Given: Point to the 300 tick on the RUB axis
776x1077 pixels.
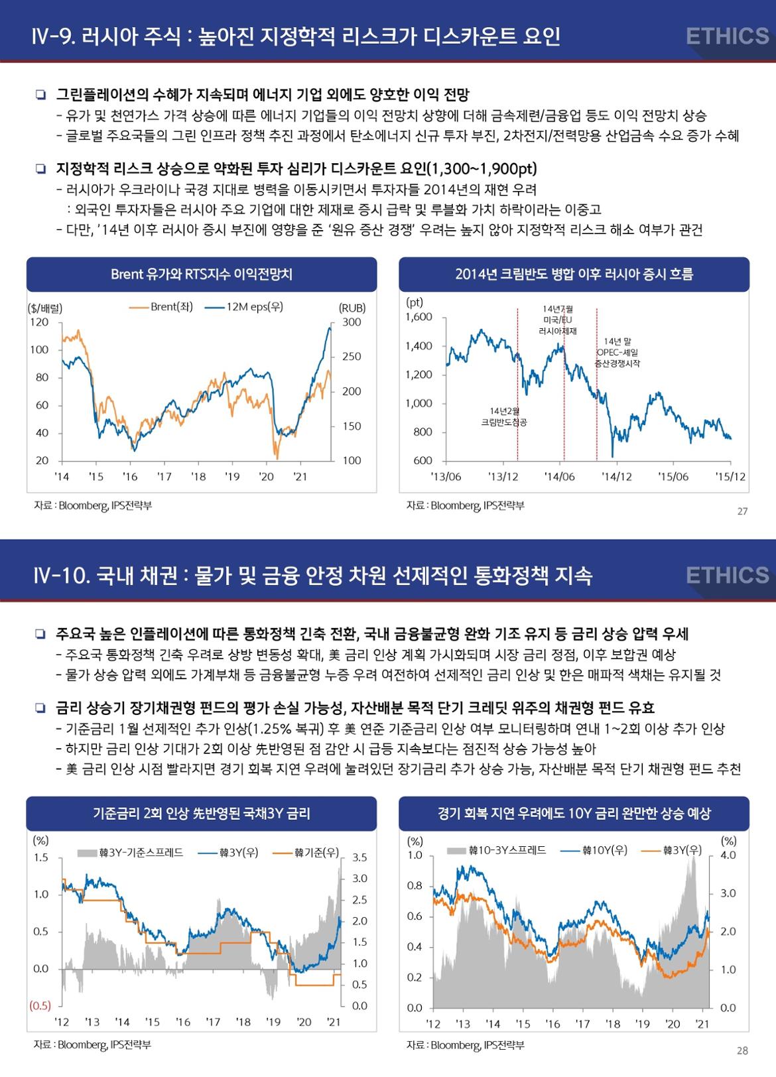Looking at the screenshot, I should [x=352, y=322].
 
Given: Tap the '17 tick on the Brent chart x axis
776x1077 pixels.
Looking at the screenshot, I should [x=164, y=476].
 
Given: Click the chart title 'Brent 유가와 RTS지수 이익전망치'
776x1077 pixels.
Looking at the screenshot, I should [x=202, y=274].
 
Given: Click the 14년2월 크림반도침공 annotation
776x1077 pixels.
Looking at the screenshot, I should [x=503, y=416].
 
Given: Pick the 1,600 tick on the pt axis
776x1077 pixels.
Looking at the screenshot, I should [x=419, y=317].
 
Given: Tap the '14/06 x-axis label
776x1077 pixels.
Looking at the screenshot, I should [x=559, y=476].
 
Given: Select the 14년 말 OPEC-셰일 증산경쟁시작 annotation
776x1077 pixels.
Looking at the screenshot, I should [x=617, y=353].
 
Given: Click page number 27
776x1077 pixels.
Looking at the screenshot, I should [x=742, y=511].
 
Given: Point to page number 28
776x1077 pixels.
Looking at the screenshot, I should [x=742, y=1050].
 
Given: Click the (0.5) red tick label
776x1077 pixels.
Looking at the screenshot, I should [x=40, y=1005].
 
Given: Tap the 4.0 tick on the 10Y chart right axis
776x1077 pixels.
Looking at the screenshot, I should [x=728, y=855].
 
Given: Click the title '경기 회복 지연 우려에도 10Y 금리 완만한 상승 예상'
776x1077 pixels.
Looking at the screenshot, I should [x=574, y=813].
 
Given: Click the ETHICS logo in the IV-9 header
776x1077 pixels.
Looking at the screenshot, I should [x=727, y=36].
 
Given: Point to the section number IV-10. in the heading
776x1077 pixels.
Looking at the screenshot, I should [x=61, y=575].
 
